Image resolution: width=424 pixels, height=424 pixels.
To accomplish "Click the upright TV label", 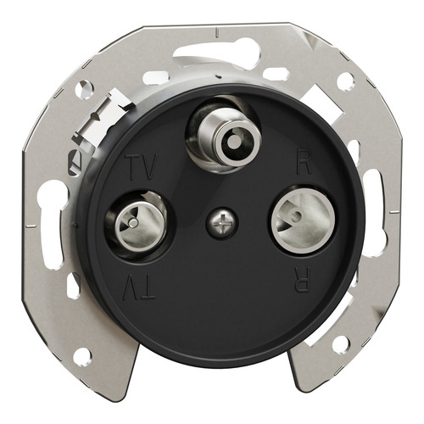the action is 142,167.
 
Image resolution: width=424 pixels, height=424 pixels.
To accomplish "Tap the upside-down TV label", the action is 139,287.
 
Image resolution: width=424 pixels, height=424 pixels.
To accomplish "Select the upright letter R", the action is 304,164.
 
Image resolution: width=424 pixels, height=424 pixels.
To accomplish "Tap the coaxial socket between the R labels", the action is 304,219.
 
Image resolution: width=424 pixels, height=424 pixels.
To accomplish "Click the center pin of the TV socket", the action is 132,223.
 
